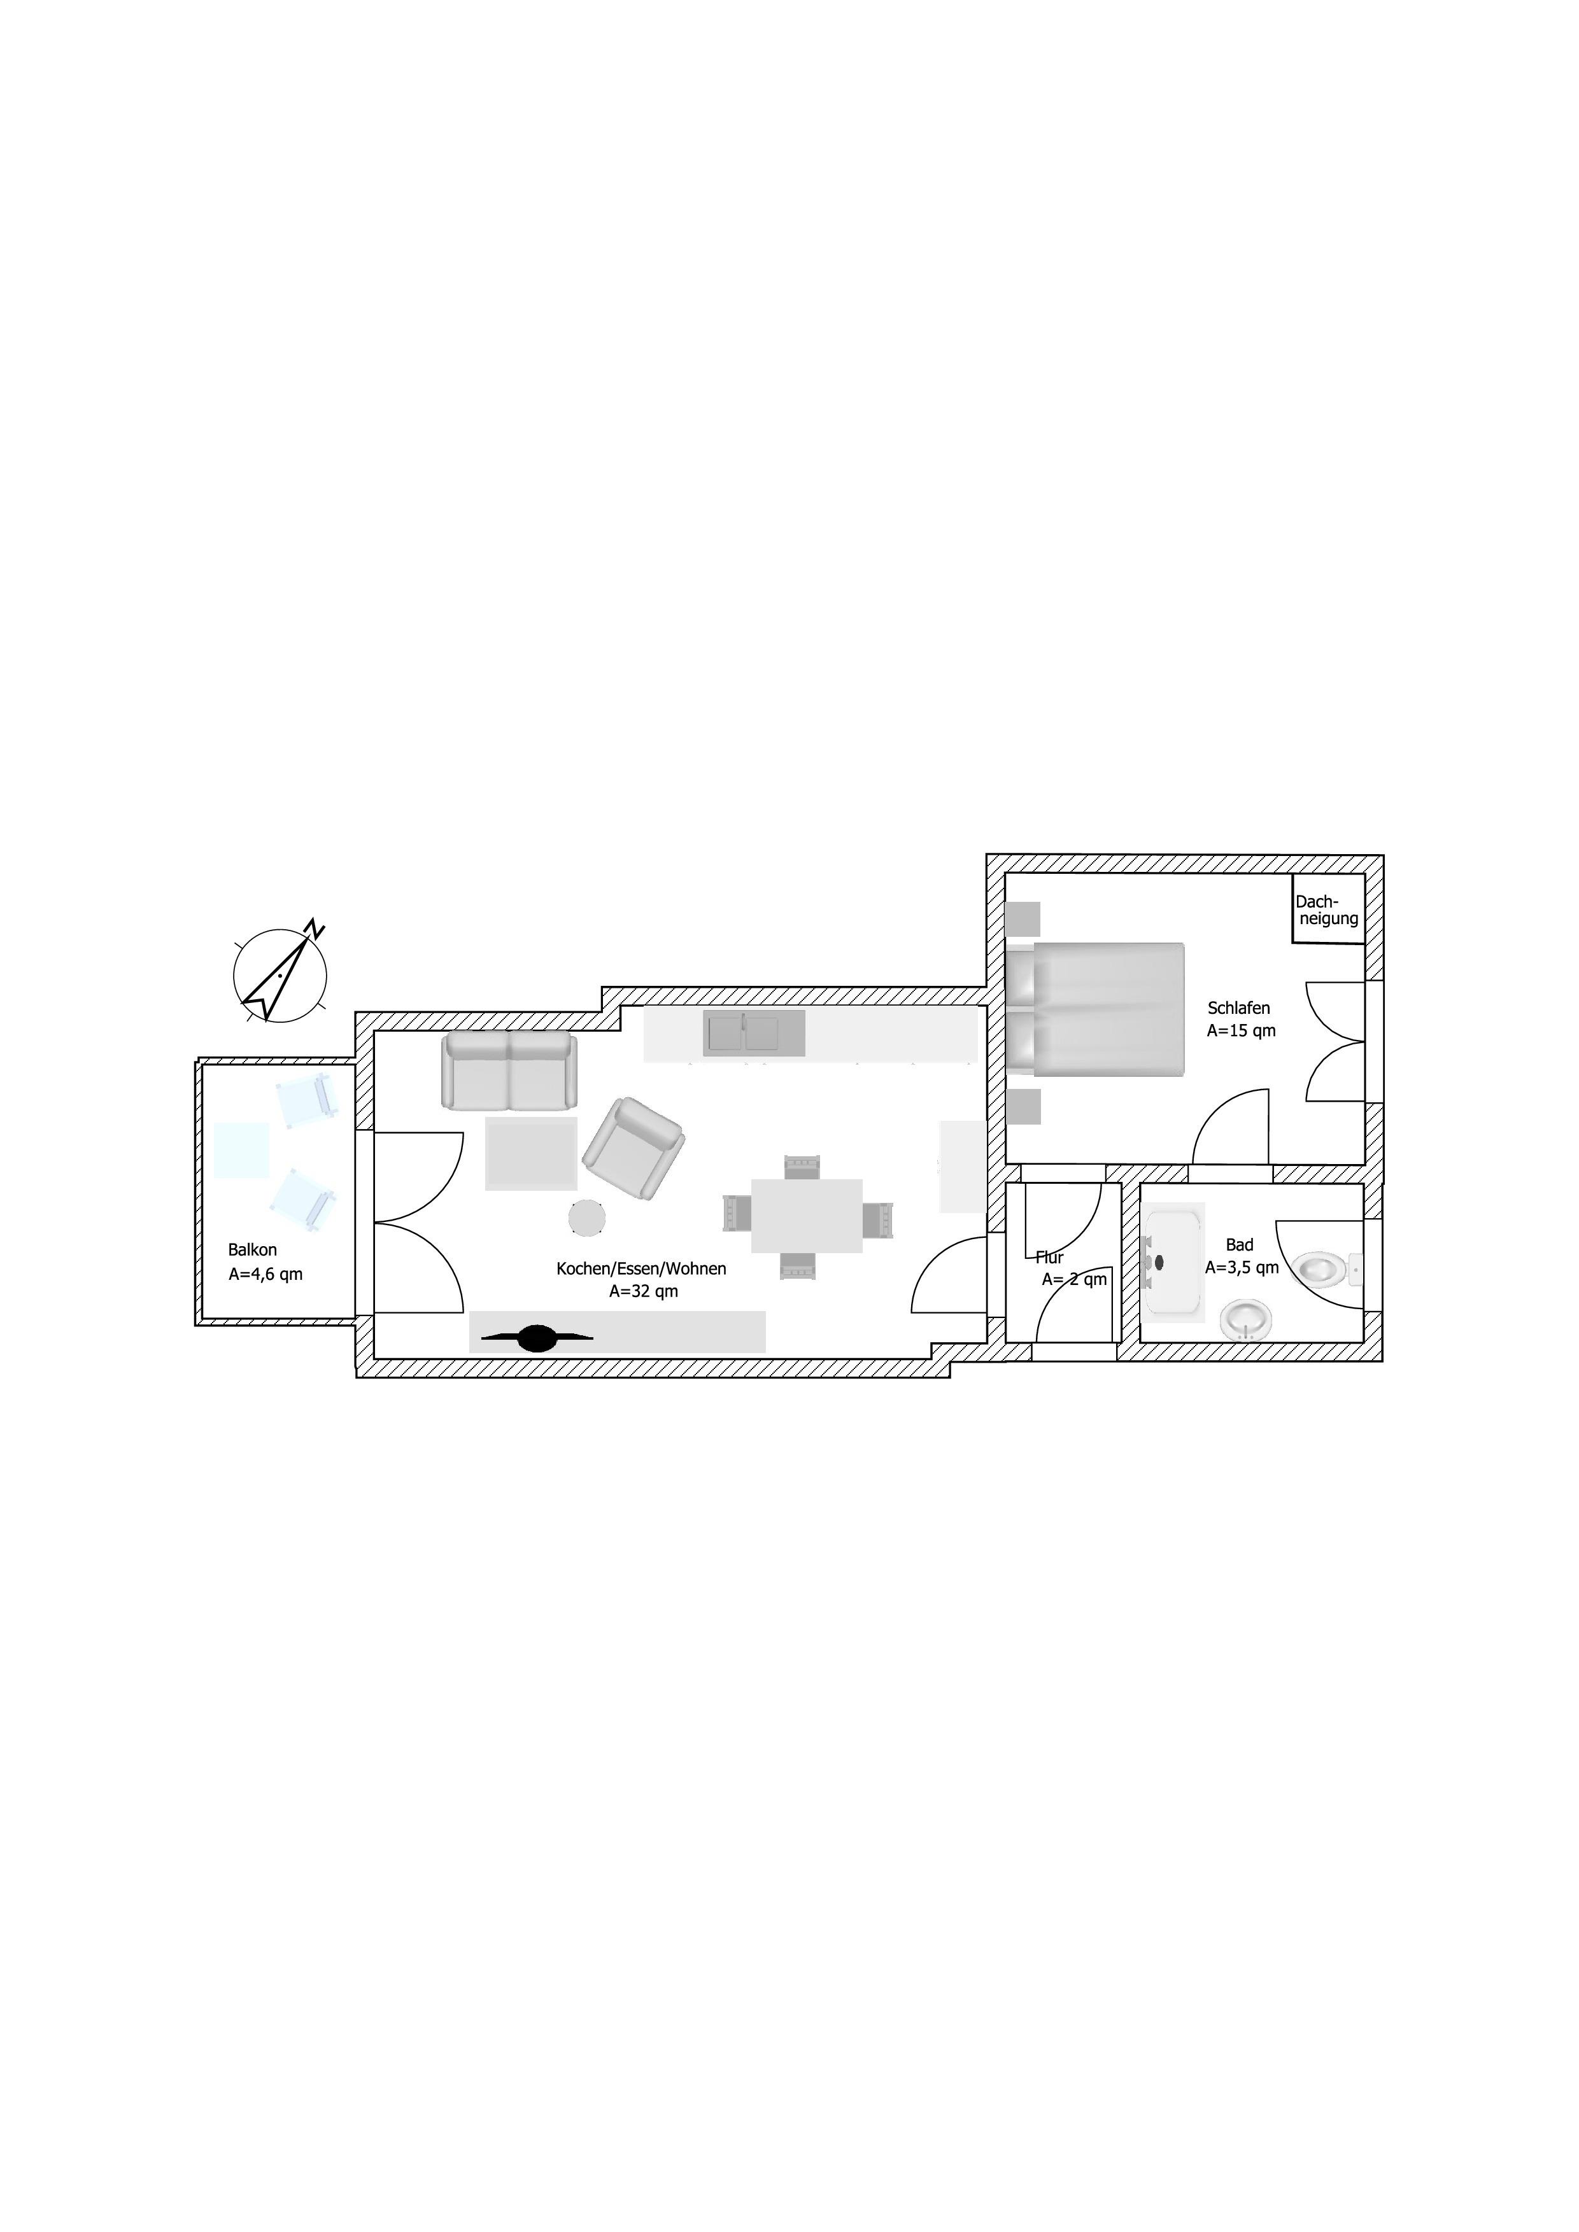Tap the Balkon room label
pos(253,1250)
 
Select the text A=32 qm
pos(644,1292)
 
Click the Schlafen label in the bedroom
pos(1239,1008)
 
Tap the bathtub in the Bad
pos(1175,1262)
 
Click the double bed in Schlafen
pos(1095,1009)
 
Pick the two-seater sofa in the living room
pos(509,1070)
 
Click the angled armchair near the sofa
pos(633,1148)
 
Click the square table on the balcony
pos(241,1150)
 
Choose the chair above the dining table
pos(803,1165)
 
